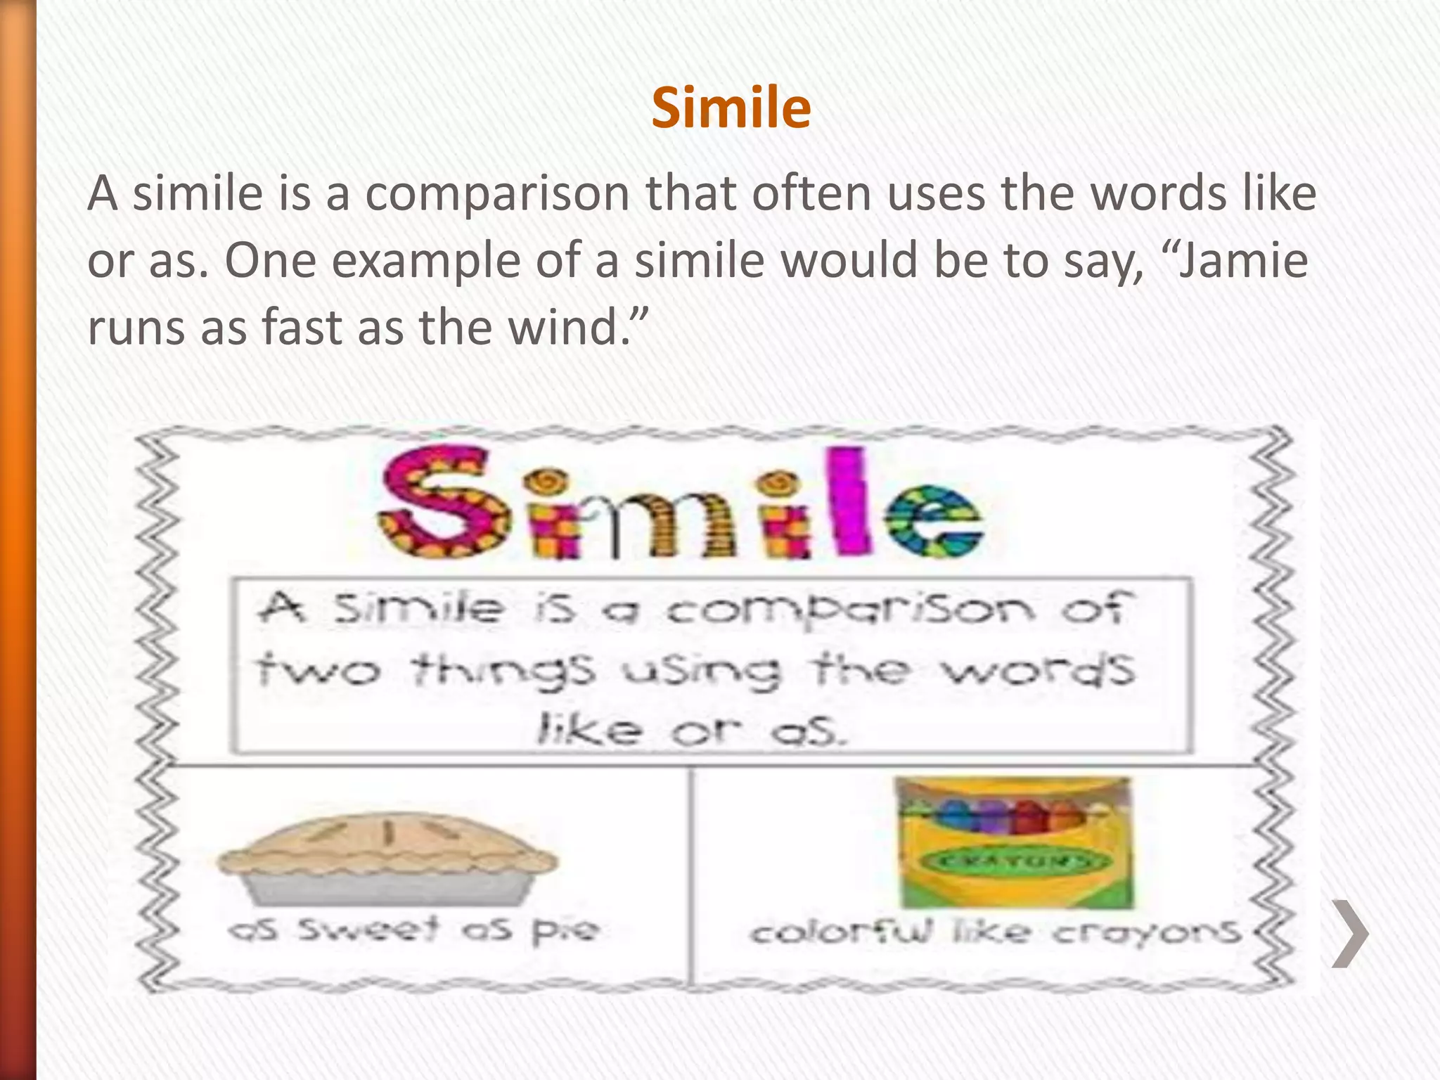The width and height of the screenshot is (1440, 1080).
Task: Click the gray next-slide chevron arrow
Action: pyautogui.click(x=1350, y=933)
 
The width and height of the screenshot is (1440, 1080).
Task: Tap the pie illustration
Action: pyautogui.click(x=387, y=859)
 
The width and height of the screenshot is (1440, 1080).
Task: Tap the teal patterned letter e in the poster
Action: pyautogui.click(x=932, y=520)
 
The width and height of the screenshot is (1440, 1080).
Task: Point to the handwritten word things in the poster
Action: pyautogui.click(x=503, y=671)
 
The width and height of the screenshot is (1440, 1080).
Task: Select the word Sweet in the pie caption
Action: pyautogui.click(x=368, y=930)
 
